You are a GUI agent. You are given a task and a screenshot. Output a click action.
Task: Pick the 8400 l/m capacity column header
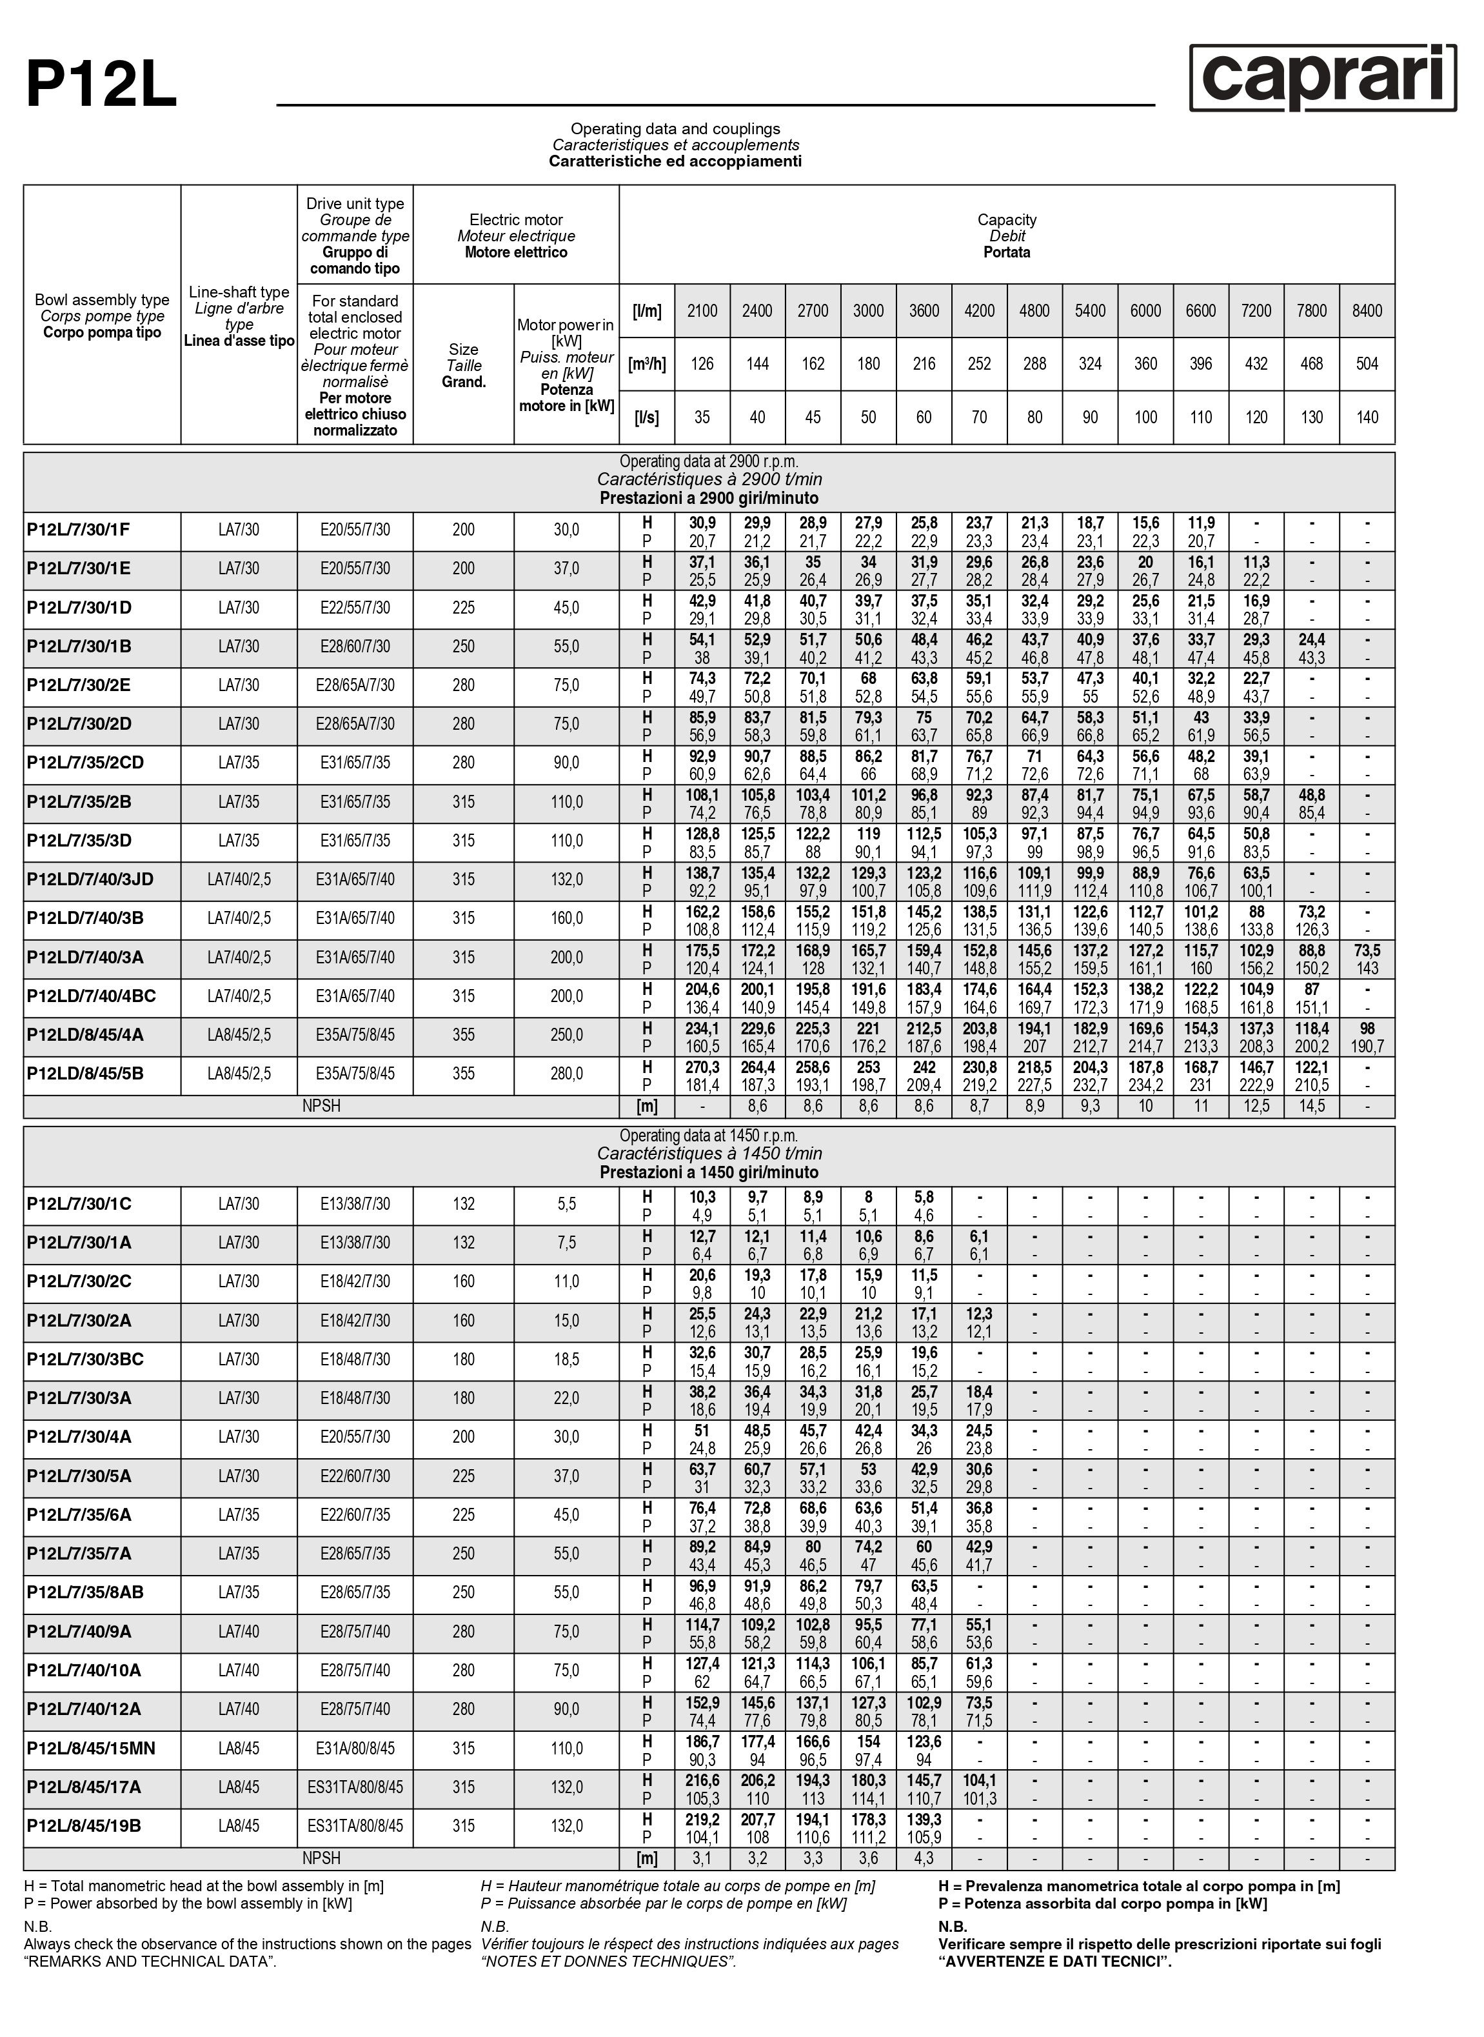1367,311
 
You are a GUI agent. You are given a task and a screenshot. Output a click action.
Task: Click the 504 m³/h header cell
1367,364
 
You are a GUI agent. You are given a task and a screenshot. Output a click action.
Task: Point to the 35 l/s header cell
702,417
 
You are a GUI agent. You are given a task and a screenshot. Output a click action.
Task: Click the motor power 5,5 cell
566,1204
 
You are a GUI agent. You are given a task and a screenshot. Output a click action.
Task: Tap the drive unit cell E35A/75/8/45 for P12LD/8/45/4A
355,1035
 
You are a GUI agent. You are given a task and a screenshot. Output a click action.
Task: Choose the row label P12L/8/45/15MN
91,1749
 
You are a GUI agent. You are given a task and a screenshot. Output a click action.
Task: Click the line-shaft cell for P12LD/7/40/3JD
239,879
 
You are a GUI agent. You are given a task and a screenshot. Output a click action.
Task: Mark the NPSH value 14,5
1312,1106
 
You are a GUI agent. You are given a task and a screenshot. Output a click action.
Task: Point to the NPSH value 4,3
924,1858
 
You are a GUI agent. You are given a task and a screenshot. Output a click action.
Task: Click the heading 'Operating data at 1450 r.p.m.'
709,1136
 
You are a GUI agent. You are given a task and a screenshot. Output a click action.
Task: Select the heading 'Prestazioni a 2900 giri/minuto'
709,497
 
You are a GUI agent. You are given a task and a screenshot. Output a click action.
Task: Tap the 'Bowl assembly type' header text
101,300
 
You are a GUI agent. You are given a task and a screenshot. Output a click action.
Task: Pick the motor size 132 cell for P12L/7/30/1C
464,1204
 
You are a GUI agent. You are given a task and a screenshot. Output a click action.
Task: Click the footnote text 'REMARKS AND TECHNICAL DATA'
150,1962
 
